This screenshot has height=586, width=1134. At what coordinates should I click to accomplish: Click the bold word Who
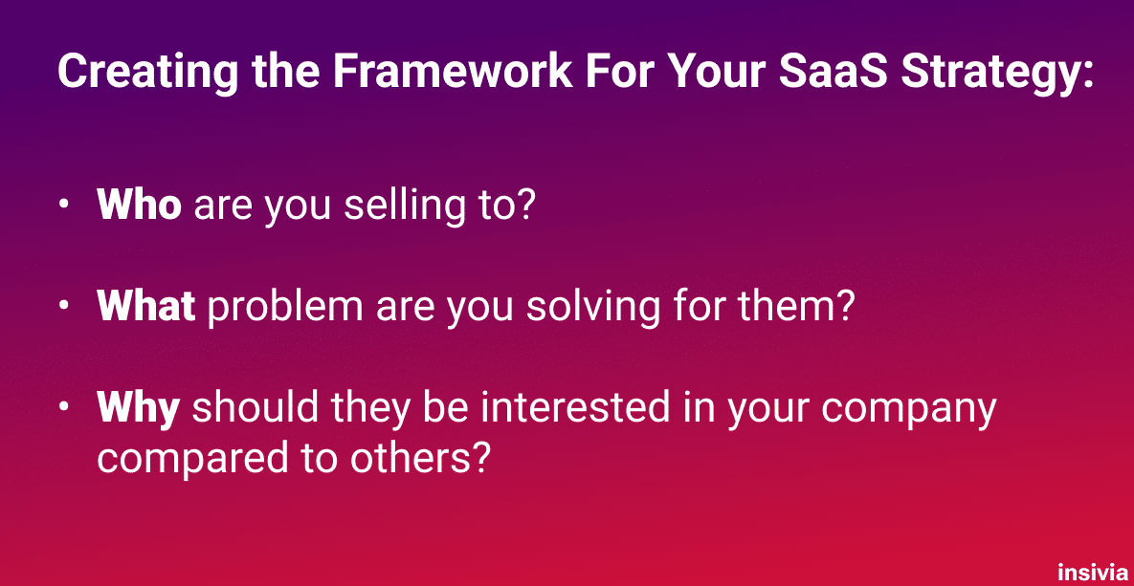[x=139, y=206]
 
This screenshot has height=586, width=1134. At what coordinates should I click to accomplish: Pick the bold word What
[x=146, y=307]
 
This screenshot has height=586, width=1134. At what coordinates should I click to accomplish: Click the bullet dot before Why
[x=64, y=410]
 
